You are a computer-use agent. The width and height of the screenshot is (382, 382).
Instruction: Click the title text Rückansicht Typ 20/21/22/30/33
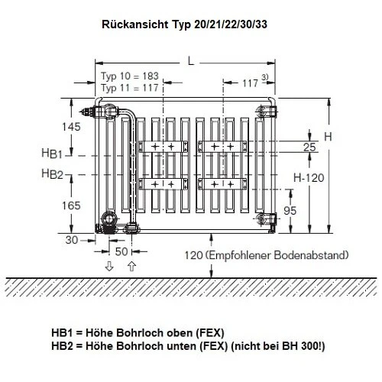pyautogui.click(x=191, y=24)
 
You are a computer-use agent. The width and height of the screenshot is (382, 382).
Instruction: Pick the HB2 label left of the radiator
pyautogui.click(x=52, y=174)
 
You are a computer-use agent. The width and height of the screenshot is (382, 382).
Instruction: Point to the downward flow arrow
pyautogui.click(x=109, y=266)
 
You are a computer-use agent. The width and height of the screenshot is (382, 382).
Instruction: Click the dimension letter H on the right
pyautogui.click(x=327, y=136)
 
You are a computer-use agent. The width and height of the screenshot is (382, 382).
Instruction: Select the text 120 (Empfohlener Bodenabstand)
pyautogui.click(x=267, y=254)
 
